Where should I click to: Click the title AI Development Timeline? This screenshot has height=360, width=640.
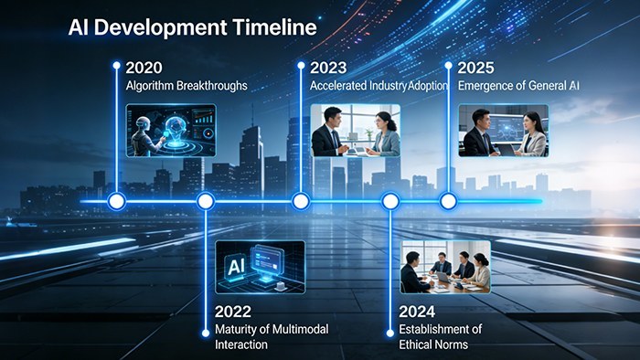pyautogui.click(x=193, y=27)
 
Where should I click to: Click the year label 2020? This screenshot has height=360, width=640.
pyautogui.click(x=143, y=68)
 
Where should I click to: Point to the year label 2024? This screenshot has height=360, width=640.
pyautogui.click(x=417, y=310)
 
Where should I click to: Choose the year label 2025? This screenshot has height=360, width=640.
pyautogui.click(x=476, y=68)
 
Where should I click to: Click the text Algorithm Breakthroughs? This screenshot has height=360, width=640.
pyautogui.click(x=187, y=86)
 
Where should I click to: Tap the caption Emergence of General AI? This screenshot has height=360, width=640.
pyautogui.click(x=518, y=86)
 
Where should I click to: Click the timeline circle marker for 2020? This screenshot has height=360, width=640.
pyautogui.click(x=116, y=201)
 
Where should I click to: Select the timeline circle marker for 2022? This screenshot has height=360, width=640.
pyautogui.click(x=206, y=201)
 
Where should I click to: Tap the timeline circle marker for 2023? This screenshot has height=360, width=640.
pyautogui.click(x=300, y=201)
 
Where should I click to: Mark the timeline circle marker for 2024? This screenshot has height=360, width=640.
pyautogui.click(x=390, y=201)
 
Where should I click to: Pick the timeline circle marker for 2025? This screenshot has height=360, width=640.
pyautogui.click(x=447, y=201)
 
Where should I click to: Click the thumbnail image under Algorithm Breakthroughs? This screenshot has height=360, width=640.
pyautogui.click(x=170, y=131)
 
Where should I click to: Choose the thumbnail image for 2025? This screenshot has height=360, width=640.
pyautogui.click(x=503, y=131)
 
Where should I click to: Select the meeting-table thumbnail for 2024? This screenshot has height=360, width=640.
pyautogui.click(x=445, y=266)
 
